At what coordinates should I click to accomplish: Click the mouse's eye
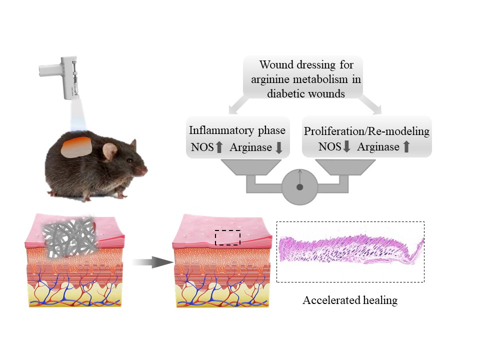tap(129, 160)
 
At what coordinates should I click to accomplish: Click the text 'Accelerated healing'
tap(350, 300)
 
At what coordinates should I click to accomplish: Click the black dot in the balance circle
tap(299, 187)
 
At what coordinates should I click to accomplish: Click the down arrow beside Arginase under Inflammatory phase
tap(279, 147)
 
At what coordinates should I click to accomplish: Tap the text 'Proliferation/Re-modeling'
tap(367, 131)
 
